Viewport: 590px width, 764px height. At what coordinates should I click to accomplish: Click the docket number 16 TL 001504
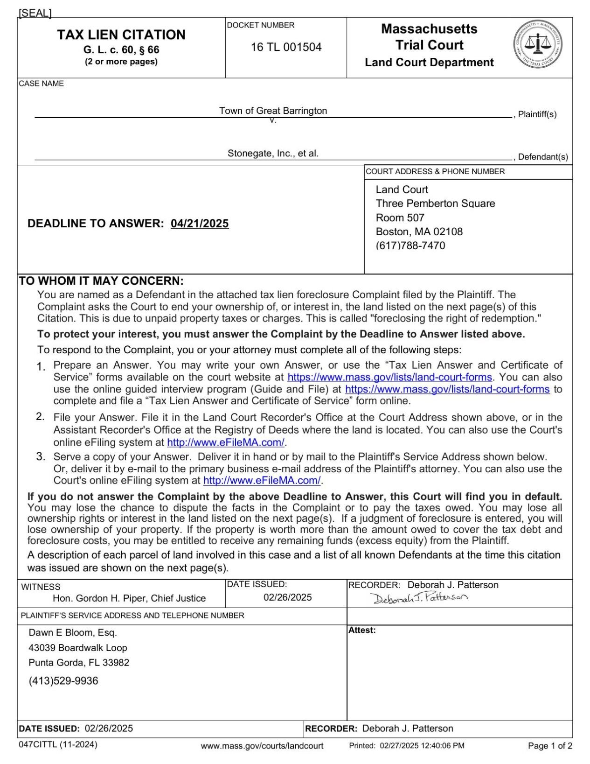286,47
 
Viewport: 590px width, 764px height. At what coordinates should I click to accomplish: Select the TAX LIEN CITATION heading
121,35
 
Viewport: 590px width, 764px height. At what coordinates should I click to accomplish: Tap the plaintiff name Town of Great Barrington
273,111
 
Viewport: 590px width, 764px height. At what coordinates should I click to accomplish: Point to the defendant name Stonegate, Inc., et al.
273,153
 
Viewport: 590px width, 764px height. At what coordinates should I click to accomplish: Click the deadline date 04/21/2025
200,224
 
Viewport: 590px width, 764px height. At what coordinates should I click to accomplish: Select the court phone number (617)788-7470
410,245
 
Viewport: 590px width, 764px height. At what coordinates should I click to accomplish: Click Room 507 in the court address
400,217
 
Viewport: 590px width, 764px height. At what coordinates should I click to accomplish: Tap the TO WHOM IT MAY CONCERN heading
101,281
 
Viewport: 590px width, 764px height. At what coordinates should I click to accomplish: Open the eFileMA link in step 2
226,442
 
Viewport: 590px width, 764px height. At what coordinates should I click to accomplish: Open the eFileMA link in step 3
262,480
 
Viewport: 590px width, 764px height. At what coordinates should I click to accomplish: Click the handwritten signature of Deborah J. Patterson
418,597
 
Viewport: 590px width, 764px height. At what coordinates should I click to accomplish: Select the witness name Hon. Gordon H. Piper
129,598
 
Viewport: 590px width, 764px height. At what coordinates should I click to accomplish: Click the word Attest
361,630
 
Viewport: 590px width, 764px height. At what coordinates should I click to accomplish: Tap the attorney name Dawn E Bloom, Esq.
73,633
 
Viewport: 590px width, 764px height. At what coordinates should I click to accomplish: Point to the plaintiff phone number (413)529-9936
63,681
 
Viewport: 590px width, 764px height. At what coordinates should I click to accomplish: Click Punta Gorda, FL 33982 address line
79,663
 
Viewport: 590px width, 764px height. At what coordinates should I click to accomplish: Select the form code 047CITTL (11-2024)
58,744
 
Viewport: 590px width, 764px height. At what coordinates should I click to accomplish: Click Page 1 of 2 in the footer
550,746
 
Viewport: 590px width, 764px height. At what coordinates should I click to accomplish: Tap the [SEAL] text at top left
35,13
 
